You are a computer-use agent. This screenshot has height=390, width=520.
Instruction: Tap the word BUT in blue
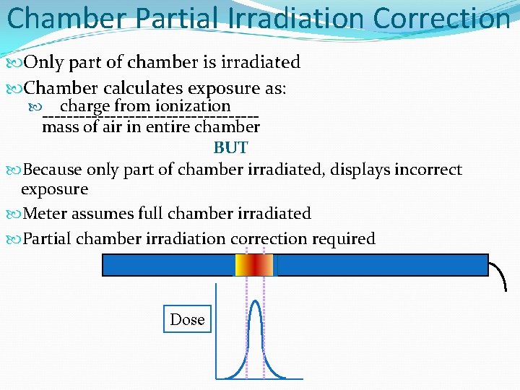[x=230, y=148]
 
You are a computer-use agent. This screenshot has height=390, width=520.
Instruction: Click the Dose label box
[x=188, y=319]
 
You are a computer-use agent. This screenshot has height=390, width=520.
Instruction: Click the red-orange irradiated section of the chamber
[x=254, y=265]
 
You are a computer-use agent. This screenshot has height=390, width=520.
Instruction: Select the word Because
[x=53, y=170]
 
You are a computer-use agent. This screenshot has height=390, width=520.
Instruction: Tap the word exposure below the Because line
[x=54, y=189]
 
